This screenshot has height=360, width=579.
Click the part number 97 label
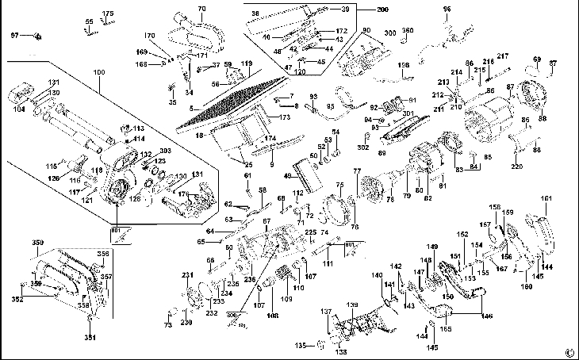click(14, 36)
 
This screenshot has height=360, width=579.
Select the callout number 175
click(108, 14)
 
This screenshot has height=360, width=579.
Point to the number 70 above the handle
click(201, 9)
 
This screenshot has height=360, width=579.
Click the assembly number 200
click(383, 9)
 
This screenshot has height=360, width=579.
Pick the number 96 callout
click(447, 9)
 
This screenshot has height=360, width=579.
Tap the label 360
click(408, 30)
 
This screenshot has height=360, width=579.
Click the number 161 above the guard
click(545, 198)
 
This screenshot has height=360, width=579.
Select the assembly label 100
click(98, 73)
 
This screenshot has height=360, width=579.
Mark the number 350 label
click(37, 241)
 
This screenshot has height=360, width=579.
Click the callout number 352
click(17, 300)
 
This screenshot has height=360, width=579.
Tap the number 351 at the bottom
click(90, 337)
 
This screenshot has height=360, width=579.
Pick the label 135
click(300, 347)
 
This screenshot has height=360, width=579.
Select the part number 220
click(517, 167)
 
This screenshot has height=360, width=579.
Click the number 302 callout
click(362, 147)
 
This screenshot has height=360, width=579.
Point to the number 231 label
click(188, 274)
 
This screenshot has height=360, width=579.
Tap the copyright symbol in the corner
click(569, 353)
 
